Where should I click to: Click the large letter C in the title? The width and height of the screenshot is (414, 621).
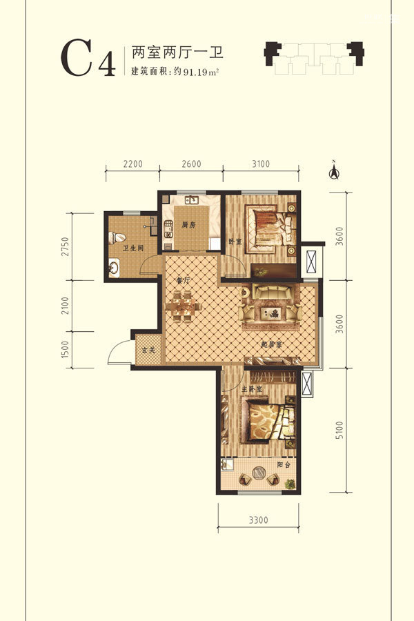77,57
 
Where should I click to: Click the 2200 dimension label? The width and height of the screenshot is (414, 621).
132,164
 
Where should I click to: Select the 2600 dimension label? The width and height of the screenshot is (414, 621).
191,164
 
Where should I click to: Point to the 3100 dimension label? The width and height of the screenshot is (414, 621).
261,164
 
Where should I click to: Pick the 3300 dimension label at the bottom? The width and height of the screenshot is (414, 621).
258,520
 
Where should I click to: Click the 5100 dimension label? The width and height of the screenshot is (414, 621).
339,430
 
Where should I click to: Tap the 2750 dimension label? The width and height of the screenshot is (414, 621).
66,246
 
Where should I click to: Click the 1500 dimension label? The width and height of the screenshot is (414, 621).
66,349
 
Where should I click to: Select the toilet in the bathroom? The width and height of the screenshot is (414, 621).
117,237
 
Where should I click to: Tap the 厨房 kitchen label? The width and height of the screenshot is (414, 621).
188,225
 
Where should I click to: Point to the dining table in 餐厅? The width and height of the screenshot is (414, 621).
184,306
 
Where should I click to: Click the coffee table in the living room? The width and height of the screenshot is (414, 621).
271,313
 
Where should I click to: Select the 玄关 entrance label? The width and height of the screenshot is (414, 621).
148,350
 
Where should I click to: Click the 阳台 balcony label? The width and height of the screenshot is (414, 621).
284,464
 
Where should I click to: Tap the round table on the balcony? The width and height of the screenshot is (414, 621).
259,473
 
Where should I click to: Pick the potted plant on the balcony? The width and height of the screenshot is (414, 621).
290,484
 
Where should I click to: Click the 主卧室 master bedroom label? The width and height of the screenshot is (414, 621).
252,389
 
